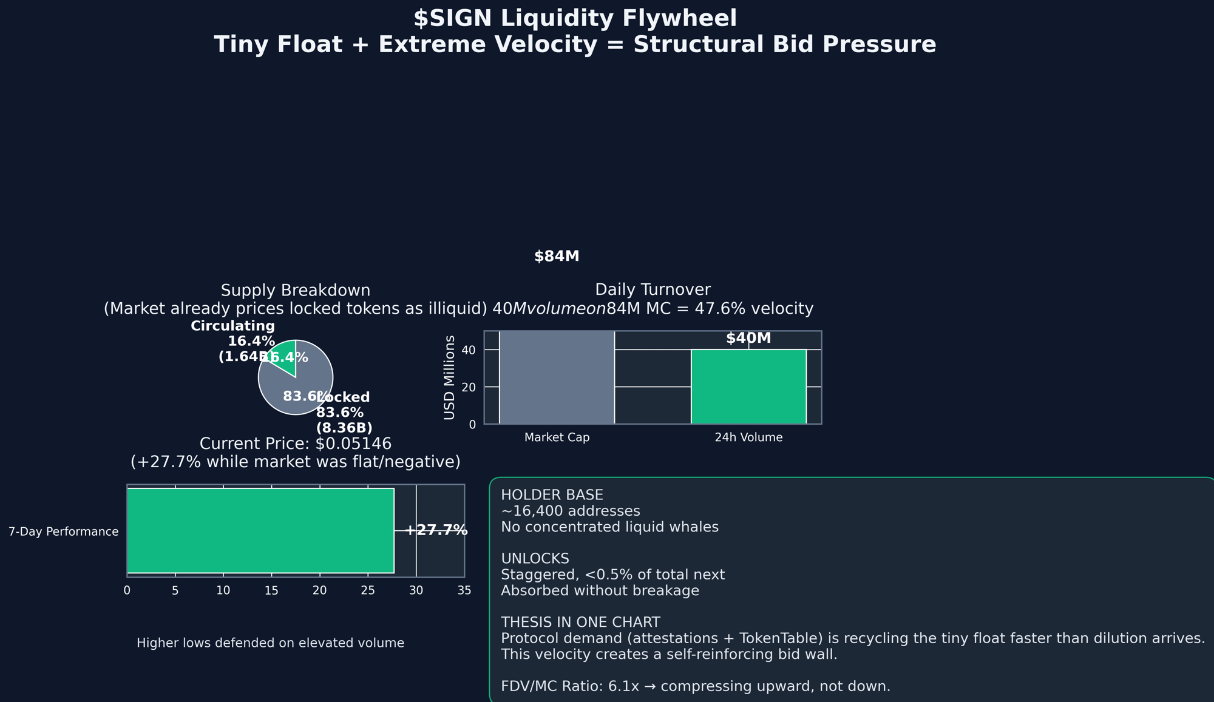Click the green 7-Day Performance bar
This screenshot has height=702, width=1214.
(x=260, y=530)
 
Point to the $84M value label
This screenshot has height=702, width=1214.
(x=557, y=257)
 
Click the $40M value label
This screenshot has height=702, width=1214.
(x=748, y=339)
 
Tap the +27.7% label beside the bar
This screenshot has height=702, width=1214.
(x=436, y=530)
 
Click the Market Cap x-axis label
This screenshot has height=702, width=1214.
(x=557, y=437)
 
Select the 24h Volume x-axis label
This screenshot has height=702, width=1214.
(x=748, y=437)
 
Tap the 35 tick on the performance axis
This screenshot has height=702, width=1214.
(x=464, y=590)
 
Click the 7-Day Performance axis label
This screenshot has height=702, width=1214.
(x=63, y=532)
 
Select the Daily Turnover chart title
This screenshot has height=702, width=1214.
(x=653, y=290)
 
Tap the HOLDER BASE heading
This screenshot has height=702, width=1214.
(x=552, y=495)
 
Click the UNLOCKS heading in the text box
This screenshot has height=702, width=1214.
(x=535, y=558)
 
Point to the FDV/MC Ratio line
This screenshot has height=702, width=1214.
(x=695, y=686)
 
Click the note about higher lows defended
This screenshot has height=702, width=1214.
(x=270, y=643)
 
